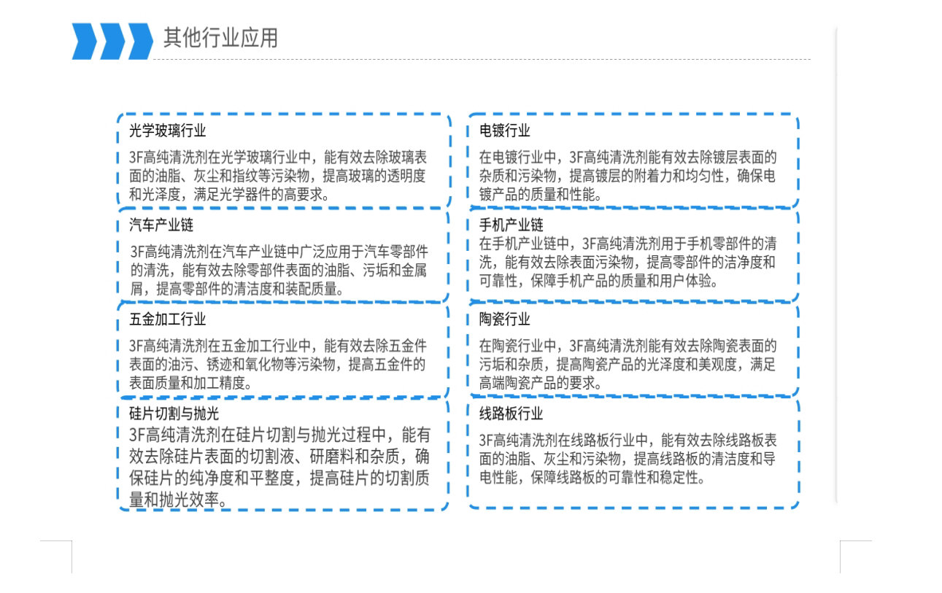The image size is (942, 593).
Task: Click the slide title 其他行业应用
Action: (220, 38)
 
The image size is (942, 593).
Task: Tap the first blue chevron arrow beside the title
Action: (84, 41)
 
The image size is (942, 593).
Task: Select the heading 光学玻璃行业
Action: (167, 131)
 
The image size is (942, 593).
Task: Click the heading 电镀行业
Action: (505, 131)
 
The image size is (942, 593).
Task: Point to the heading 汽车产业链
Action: (161, 225)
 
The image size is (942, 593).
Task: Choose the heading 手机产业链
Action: (511, 225)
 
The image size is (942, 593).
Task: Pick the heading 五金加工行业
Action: (167, 319)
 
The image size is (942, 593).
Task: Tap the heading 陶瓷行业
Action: (505, 319)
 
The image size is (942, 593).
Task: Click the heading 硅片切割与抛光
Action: (174, 414)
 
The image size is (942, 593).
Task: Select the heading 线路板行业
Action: (511, 414)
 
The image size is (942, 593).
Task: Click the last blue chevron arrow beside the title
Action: (140, 41)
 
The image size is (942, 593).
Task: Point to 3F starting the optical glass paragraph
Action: (136, 158)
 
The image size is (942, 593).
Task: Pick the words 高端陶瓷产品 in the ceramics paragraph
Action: (517, 383)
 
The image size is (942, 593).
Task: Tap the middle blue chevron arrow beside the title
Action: (112, 41)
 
